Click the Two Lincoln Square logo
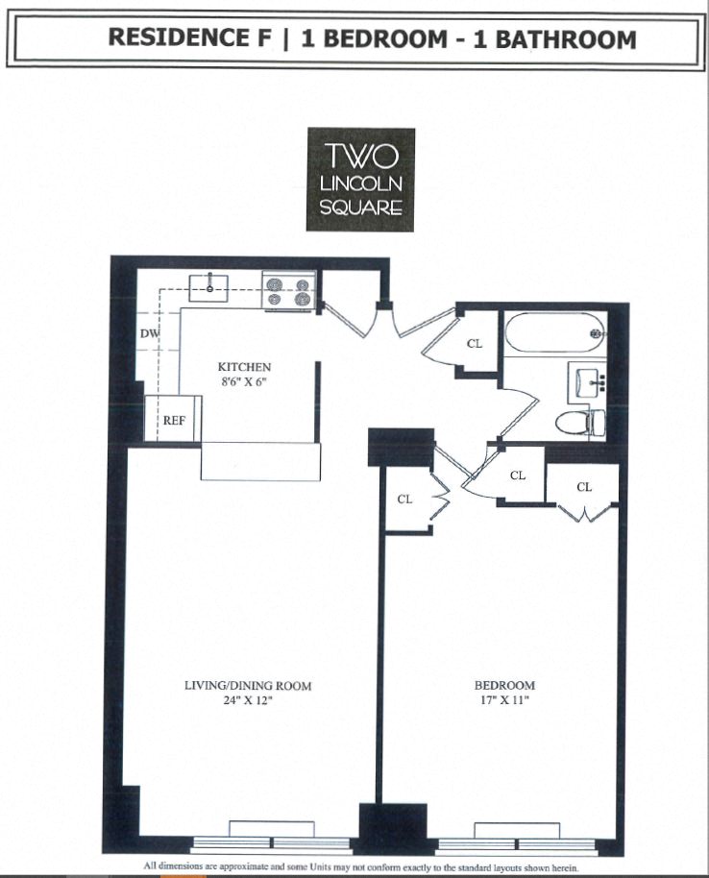360,180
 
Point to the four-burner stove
290,291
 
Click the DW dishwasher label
149,333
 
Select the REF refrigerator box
173,419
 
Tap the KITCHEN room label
244,367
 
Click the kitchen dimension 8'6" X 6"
244,381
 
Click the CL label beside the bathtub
475,343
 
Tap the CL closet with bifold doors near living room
405,499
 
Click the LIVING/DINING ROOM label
248,686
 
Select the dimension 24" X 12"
248,700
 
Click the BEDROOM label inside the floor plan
504,685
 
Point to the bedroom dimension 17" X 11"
504,700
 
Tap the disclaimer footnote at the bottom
360,866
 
